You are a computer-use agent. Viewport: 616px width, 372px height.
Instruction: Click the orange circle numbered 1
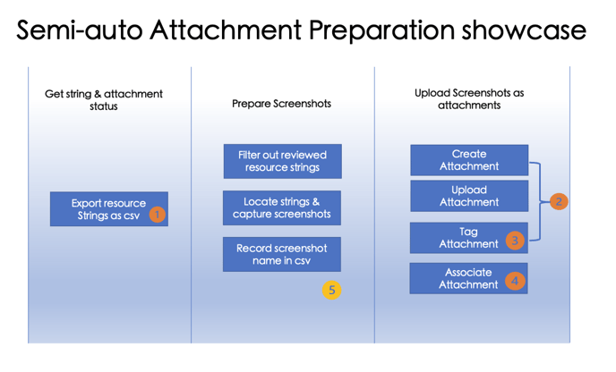click(x=158, y=215)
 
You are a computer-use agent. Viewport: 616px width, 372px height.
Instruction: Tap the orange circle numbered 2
click(x=559, y=201)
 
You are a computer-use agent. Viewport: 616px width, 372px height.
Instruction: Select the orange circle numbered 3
click(x=515, y=240)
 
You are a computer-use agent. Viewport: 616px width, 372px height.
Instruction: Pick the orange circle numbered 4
click(x=515, y=281)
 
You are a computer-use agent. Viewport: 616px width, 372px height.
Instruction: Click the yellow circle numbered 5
click(x=331, y=291)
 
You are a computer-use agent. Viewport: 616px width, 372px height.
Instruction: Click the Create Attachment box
click(x=469, y=160)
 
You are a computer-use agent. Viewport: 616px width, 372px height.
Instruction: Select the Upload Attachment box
click(x=469, y=196)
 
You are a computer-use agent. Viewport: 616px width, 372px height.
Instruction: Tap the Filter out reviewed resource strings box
click(x=282, y=161)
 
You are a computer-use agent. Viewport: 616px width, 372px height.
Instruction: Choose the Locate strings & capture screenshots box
click(x=282, y=208)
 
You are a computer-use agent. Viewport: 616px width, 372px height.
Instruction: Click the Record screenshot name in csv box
click(x=282, y=254)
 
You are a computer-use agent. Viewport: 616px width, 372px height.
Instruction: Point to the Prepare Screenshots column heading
click(x=281, y=104)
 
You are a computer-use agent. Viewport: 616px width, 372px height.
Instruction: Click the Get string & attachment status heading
click(x=104, y=100)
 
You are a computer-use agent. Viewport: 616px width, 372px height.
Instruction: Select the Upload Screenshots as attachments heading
click(x=469, y=99)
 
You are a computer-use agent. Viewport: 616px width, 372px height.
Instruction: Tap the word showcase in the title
click(x=524, y=30)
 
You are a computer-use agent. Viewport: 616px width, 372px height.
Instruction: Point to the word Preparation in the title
click(x=381, y=31)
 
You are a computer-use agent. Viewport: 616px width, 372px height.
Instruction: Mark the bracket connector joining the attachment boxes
click(x=540, y=201)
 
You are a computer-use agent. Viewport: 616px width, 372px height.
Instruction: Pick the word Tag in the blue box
click(x=468, y=232)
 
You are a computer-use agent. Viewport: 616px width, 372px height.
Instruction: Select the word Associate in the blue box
click(x=468, y=273)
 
